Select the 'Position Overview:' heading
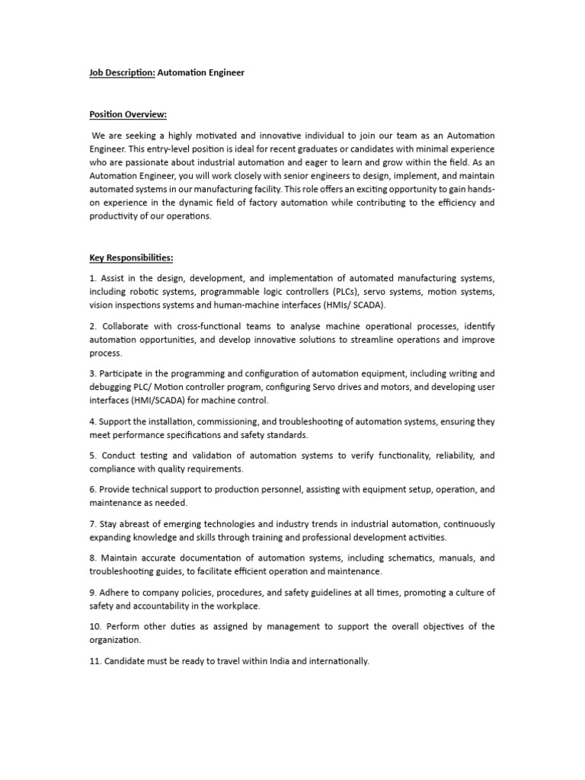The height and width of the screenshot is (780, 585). pos(127,114)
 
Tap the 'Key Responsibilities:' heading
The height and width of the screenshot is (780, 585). pos(131,258)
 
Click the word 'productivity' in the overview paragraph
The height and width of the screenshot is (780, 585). pos(114,216)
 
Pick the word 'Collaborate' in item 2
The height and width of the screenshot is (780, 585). pos(126,326)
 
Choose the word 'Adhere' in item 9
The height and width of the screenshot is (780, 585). pos(117,593)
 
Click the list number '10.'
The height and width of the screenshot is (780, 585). pos(96,627)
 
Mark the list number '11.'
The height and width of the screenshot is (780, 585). pos(96,661)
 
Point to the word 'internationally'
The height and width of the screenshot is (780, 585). pos(337,661)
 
